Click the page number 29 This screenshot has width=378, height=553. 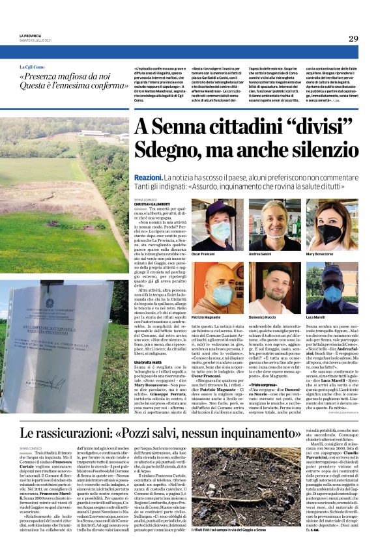[353, 38]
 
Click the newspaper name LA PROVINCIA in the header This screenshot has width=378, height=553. [30, 36]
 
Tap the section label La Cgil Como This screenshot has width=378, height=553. [32, 67]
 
